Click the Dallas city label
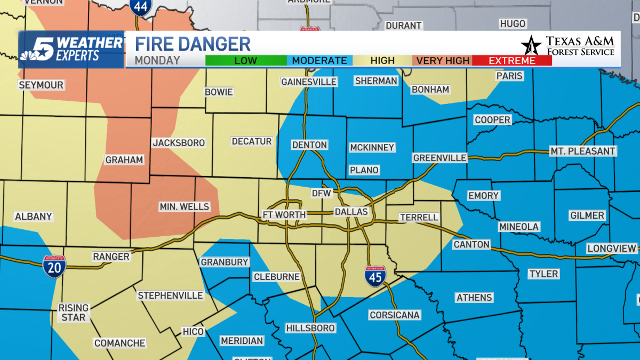point(351,212)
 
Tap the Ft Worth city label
point(284,215)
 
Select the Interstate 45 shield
point(375,277)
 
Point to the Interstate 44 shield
point(140,7)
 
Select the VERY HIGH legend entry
point(443,60)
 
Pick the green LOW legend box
point(245,60)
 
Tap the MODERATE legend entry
point(319,60)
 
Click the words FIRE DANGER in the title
point(193,44)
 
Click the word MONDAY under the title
point(157,60)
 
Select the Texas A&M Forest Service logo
point(568,46)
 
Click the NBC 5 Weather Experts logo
point(71,49)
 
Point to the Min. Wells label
point(185,206)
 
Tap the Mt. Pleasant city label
point(583,151)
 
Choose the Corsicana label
point(395,315)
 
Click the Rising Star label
point(74,313)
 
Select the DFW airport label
point(322,193)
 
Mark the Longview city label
point(612,249)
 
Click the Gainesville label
point(309,82)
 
